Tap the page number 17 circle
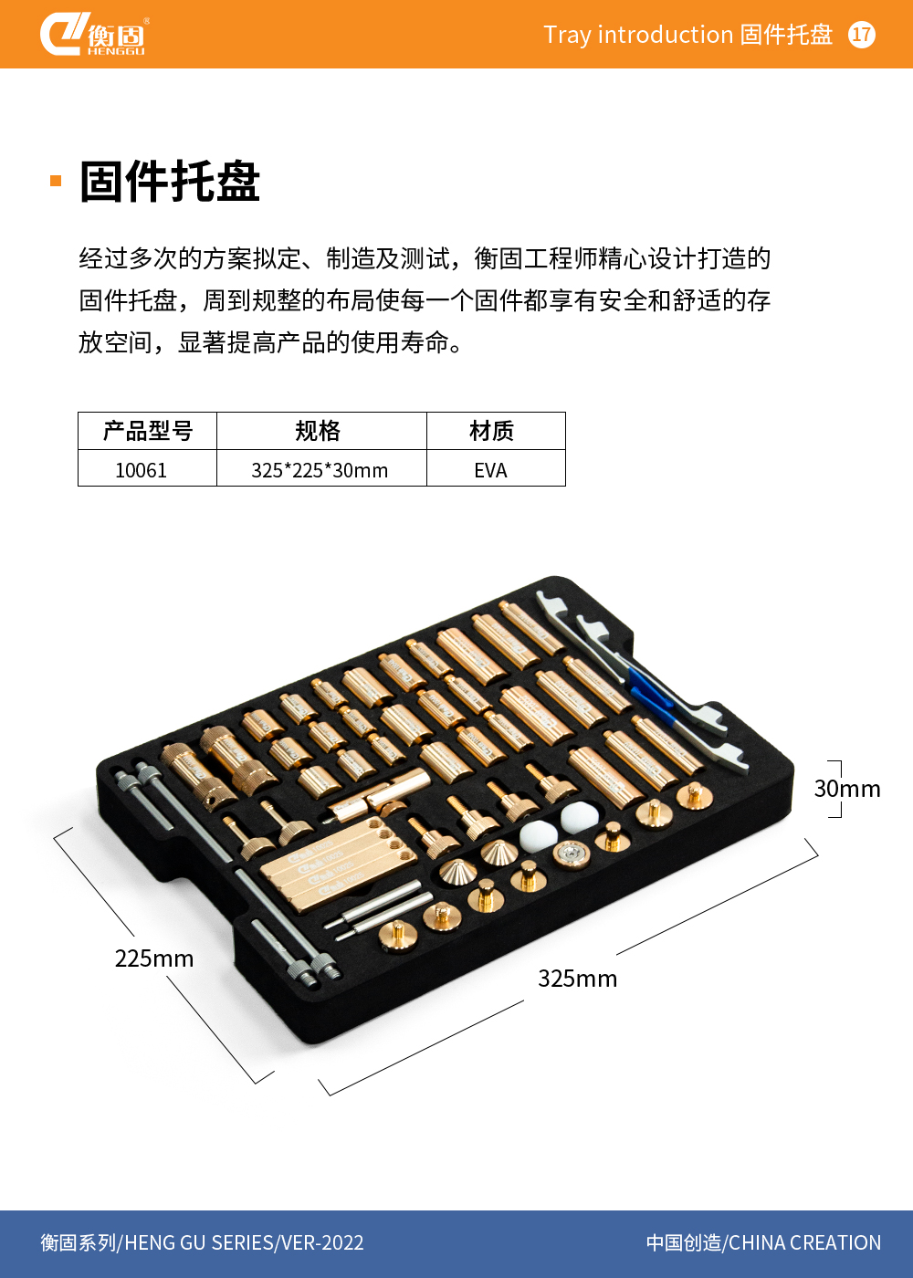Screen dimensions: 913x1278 click(x=861, y=35)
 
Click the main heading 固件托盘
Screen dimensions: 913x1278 click(x=170, y=182)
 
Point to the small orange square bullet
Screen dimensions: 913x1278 click(x=56, y=181)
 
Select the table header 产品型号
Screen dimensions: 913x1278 click(x=148, y=431)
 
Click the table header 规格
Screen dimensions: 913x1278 click(x=318, y=431)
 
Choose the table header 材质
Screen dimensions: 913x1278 click(x=491, y=431)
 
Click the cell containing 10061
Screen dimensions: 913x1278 click(x=141, y=471)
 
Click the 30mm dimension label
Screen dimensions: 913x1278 click(x=847, y=789)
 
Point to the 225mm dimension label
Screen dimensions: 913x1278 click(x=154, y=958)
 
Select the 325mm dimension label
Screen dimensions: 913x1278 click(x=577, y=979)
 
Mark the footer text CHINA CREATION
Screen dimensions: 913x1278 click(x=804, y=1242)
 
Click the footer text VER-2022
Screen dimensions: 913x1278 click(x=322, y=1242)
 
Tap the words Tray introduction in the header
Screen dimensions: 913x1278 click(x=638, y=35)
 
